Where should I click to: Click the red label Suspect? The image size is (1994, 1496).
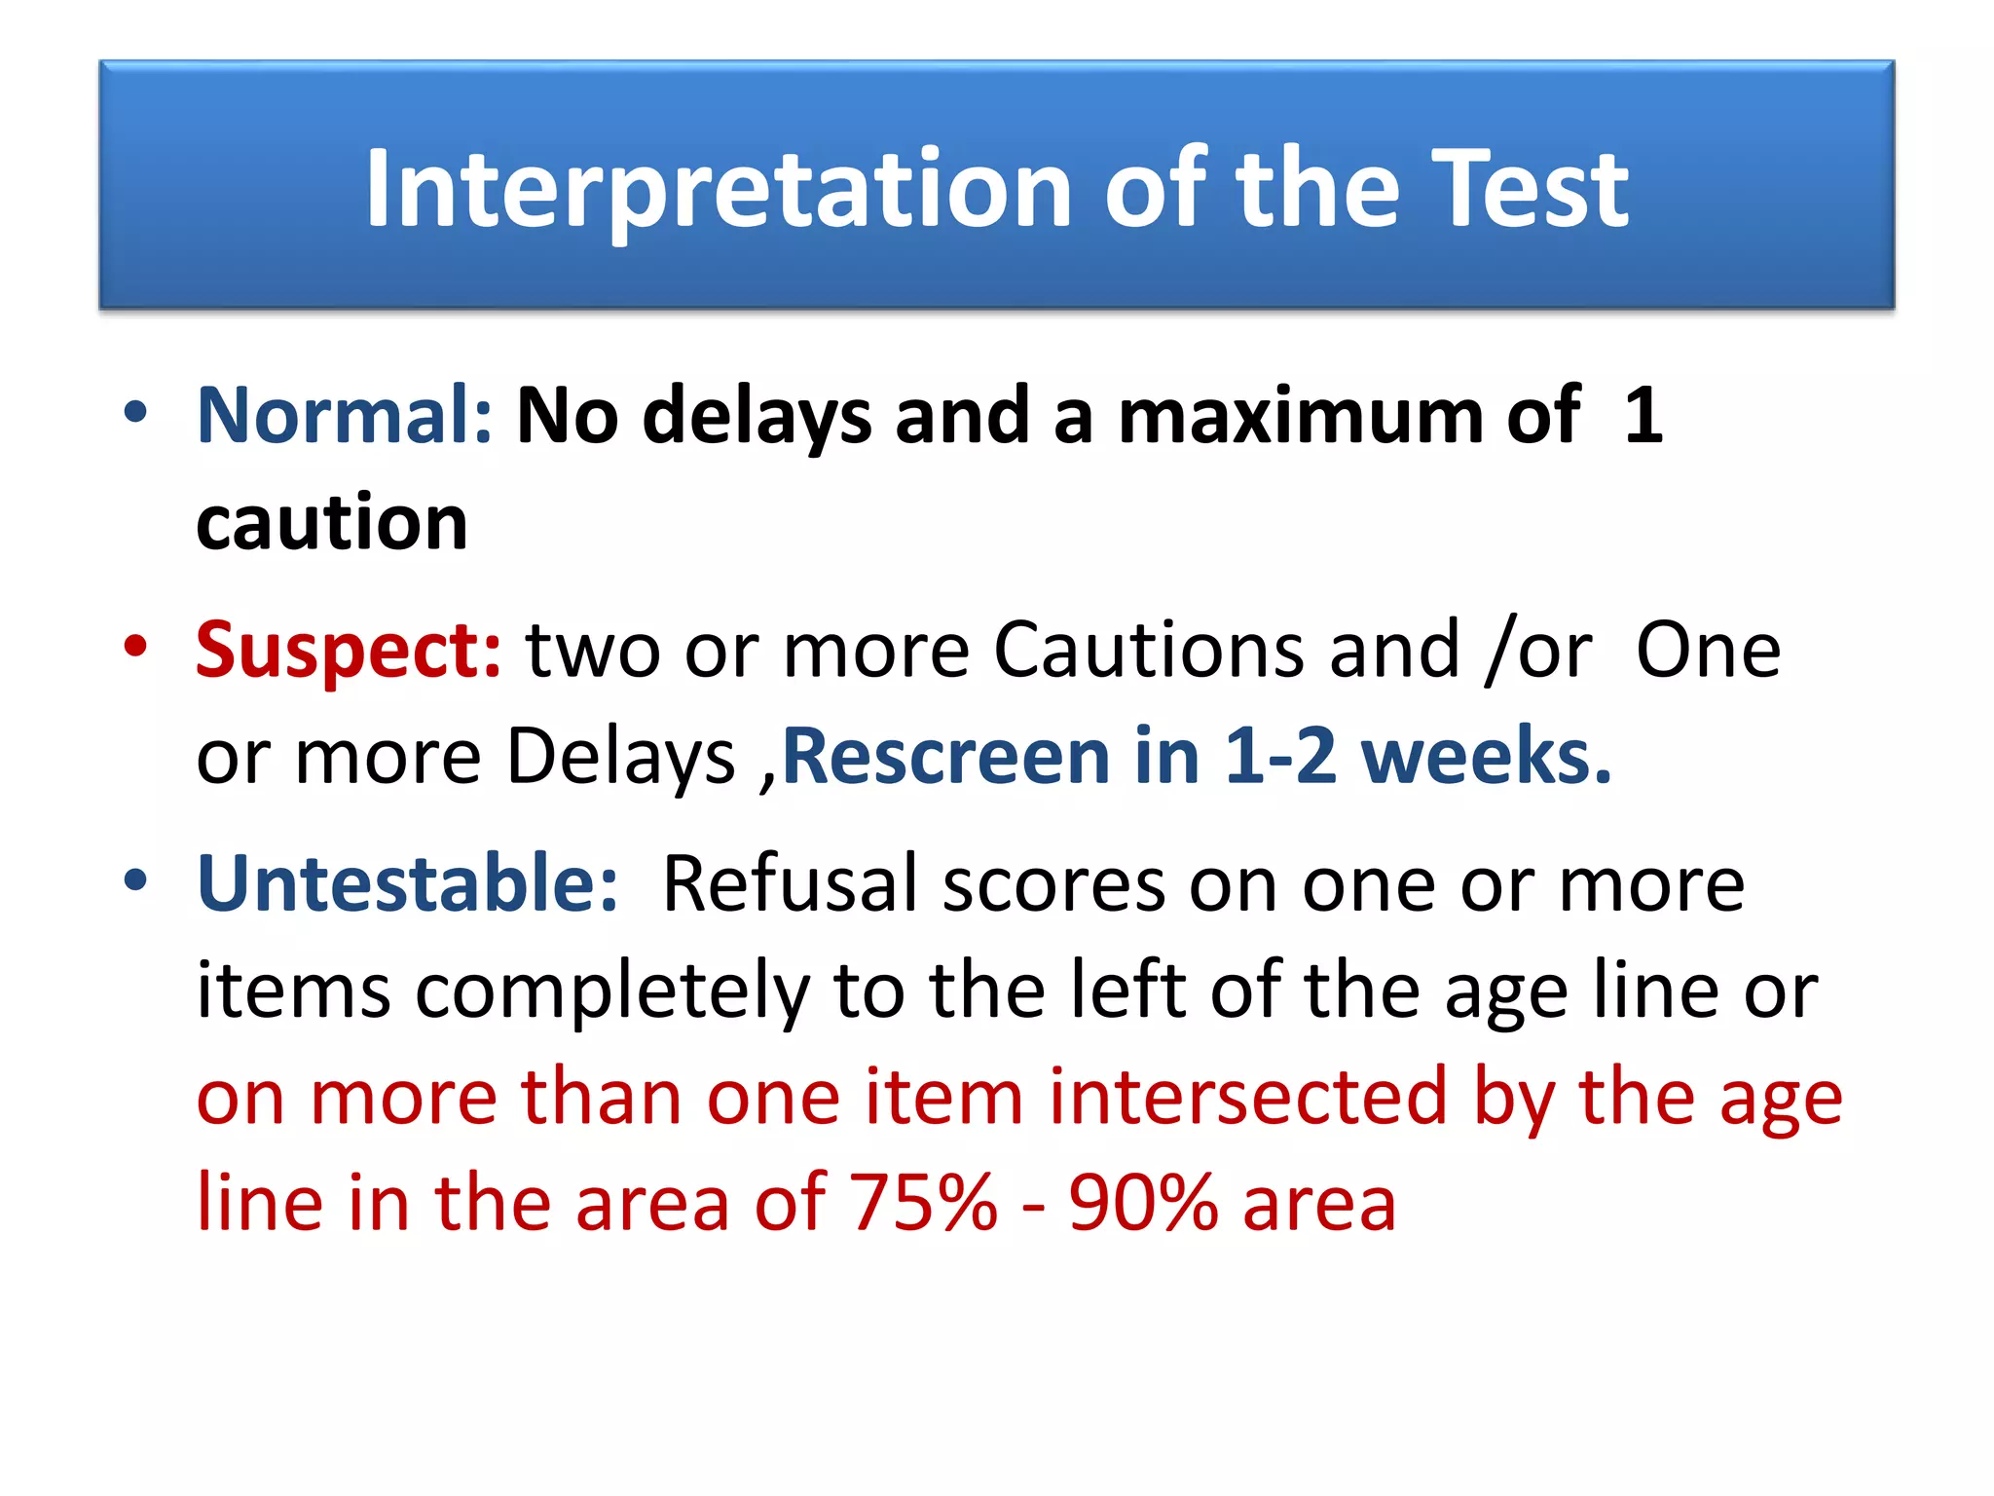(349, 651)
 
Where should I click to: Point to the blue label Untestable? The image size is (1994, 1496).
(407, 883)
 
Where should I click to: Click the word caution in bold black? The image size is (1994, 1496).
(332, 523)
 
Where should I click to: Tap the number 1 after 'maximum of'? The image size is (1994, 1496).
(1643, 416)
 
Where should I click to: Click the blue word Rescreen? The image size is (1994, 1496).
(944, 757)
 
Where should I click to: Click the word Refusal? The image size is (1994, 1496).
(790, 883)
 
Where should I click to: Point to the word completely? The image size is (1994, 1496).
(612, 991)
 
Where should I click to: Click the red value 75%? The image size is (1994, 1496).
(924, 1204)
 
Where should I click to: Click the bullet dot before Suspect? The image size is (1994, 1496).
(135, 646)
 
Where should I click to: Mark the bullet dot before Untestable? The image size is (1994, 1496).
(135, 879)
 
